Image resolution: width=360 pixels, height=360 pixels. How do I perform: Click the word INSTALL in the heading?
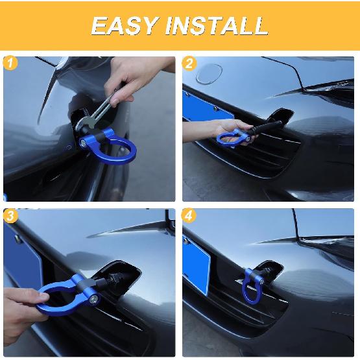pos(217,25)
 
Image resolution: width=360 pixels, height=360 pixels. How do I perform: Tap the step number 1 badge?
pos(9,63)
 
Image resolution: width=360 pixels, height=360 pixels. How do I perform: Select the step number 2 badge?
pos(189,63)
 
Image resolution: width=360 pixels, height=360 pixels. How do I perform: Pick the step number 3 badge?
pos(9,216)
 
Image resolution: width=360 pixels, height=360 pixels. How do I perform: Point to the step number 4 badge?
pos(189,216)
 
